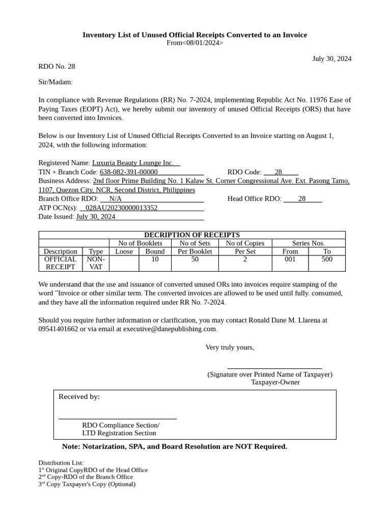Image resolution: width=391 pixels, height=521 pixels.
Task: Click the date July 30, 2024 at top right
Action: click(331, 59)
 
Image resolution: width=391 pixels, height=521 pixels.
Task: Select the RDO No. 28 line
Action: click(57, 66)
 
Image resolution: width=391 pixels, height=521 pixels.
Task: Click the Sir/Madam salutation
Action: click(55, 82)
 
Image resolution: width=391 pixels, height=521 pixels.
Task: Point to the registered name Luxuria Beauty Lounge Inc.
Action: click(133, 163)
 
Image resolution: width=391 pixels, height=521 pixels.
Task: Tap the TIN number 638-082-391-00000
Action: click(129, 172)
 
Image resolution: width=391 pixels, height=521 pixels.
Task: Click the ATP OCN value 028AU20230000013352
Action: click(121, 208)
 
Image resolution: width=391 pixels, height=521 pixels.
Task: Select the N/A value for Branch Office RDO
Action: click(115, 198)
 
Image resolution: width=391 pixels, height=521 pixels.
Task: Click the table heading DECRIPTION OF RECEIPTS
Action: click(192, 235)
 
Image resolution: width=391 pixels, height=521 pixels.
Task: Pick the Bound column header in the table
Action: click(155, 251)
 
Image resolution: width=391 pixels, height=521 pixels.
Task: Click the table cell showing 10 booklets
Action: click(155, 259)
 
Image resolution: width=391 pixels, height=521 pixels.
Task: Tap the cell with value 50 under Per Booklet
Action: click(195, 259)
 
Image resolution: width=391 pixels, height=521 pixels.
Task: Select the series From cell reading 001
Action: click(290, 259)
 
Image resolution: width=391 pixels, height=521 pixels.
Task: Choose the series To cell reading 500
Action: click(327, 259)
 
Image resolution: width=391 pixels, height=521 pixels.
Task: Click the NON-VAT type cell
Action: click(96, 263)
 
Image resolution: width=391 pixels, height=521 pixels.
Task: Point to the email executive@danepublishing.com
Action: click(173, 329)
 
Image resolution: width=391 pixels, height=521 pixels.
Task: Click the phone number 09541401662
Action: click(58, 329)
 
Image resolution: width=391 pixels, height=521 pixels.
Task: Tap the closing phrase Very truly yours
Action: click(230, 347)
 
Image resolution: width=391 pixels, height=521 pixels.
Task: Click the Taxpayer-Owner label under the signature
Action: click(275, 382)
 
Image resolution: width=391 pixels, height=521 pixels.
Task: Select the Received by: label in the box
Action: click(79, 396)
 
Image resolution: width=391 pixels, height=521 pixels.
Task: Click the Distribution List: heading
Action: click(61, 462)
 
